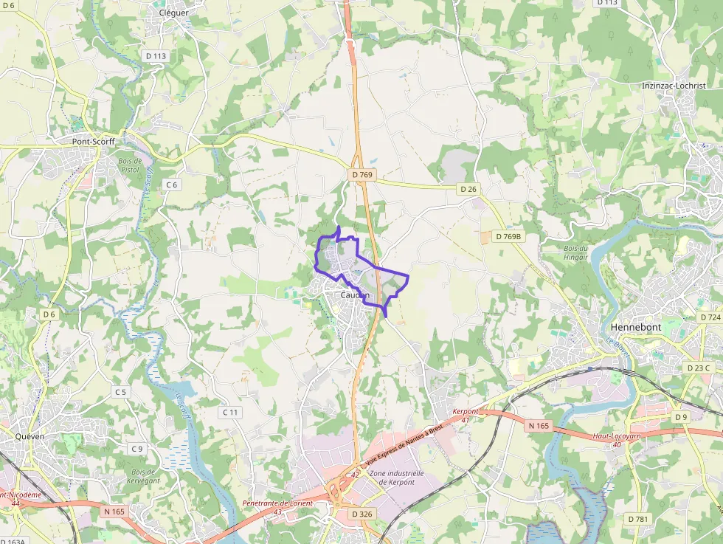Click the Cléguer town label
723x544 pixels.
click(x=174, y=13)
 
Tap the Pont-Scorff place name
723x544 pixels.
click(x=93, y=141)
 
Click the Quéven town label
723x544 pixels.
click(x=30, y=435)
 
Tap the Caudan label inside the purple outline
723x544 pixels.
click(x=355, y=295)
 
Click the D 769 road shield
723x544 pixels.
click(x=363, y=175)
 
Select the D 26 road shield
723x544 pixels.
click(x=468, y=189)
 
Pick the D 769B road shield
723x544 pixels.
click(x=506, y=236)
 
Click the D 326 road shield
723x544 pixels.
click(x=362, y=513)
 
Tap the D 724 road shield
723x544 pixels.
click(x=709, y=317)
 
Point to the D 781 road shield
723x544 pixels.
click(x=638, y=519)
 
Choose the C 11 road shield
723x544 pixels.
click(x=231, y=412)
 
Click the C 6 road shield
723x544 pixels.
click(x=172, y=185)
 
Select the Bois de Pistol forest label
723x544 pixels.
click(x=130, y=165)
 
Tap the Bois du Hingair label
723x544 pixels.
click(x=575, y=252)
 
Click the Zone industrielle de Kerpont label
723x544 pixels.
click(x=392, y=478)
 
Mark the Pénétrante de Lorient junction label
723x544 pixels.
click(x=277, y=507)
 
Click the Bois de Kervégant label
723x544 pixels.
click(x=143, y=476)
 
